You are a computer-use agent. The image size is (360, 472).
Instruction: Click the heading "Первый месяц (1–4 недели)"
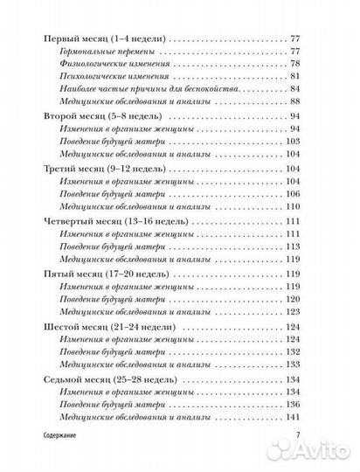coord(106,40)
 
